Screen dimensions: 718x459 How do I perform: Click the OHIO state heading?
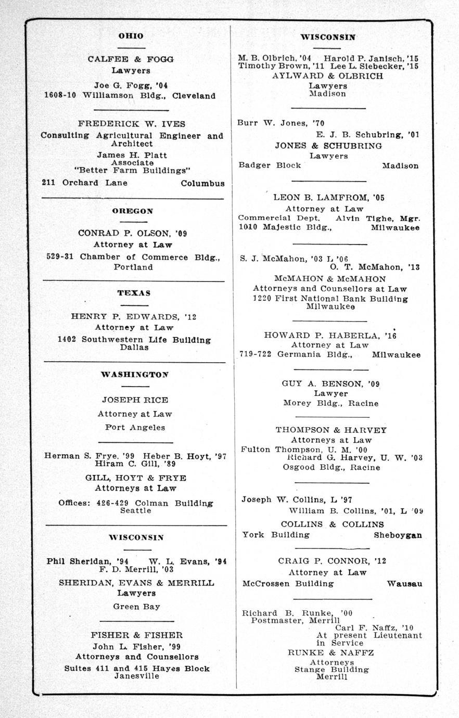point(131,35)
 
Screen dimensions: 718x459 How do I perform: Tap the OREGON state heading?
point(132,211)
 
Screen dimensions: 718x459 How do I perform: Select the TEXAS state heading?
point(134,293)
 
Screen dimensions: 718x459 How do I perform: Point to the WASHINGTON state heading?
point(134,374)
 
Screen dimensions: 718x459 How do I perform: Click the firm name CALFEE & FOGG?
point(131,59)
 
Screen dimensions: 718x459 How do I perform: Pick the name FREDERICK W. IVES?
point(132,124)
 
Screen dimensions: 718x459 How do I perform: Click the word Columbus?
point(202,183)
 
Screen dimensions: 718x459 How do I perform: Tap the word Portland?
point(133,267)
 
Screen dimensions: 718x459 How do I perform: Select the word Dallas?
point(134,347)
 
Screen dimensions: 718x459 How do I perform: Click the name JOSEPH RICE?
point(135,400)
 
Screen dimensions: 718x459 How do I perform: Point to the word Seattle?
point(135,510)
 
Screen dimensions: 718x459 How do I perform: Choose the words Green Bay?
point(136,606)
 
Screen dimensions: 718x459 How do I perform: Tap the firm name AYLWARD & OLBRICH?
point(327,76)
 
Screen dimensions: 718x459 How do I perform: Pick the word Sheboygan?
point(398,535)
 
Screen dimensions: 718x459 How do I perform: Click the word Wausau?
point(404,584)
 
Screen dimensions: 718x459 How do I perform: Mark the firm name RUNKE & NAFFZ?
point(330,652)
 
